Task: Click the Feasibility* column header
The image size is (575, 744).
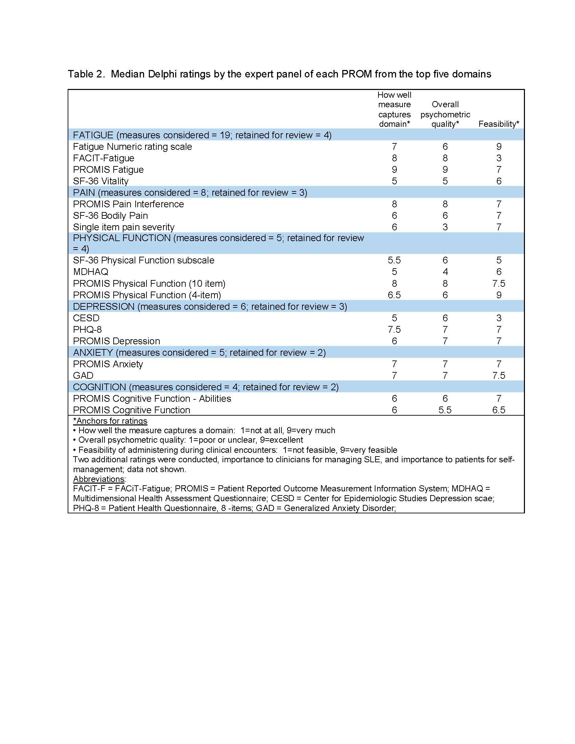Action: pyautogui.click(x=498, y=124)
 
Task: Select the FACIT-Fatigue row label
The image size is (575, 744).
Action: pyautogui.click(x=103, y=158)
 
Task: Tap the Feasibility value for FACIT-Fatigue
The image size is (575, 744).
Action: pyautogui.click(x=499, y=158)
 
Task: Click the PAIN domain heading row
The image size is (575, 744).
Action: pyautogui.click(x=190, y=192)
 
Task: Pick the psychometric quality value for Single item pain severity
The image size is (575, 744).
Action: pyautogui.click(x=445, y=227)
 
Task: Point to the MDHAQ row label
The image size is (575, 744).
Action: pyautogui.click(x=91, y=272)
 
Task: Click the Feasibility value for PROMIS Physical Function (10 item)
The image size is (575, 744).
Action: pyautogui.click(x=499, y=283)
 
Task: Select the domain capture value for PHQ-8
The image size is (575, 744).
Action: pyautogui.click(x=394, y=329)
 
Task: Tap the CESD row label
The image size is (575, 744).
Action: pyautogui.click(x=86, y=318)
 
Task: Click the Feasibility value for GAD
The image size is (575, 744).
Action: pyautogui.click(x=499, y=375)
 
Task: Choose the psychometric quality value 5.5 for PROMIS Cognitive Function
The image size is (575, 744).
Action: pyautogui.click(x=445, y=410)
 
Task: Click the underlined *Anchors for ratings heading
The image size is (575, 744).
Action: pyautogui.click(x=110, y=421)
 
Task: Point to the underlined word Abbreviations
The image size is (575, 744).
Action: pyautogui.click(x=99, y=479)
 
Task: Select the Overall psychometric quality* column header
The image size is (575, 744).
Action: pyautogui.click(x=445, y=114)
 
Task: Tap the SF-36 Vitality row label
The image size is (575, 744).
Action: pyautogui.click(x=100, y=181)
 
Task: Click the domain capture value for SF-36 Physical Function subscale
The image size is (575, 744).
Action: pyautogui.click(x=394, y=260)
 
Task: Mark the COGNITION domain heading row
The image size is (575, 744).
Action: pyautogui.click(x=206, y=387)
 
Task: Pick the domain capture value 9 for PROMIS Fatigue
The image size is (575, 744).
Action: pyautogui.click(x=394, y=170)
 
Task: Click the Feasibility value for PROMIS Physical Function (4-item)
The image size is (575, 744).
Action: pyautogui.click(x=499, y=295)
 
